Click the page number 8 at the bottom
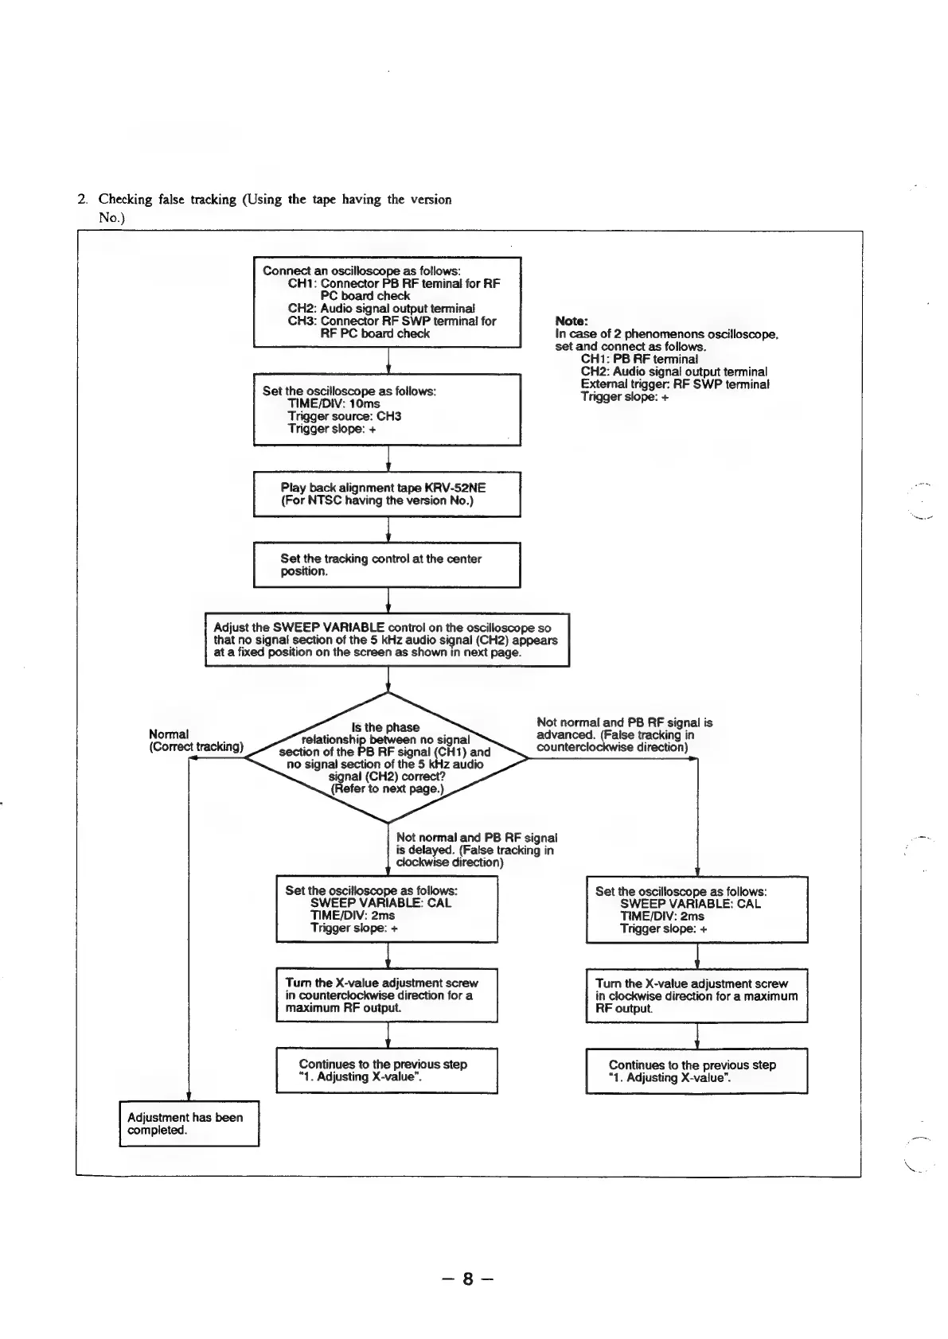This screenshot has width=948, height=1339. click(x=467, y=1279)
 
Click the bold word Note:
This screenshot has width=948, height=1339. click(x=571, y=321)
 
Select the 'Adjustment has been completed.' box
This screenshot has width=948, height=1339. click(x=189, y=1123)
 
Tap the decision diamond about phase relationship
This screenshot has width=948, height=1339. click(x=387, y=758)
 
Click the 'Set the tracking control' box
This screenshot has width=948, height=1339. click(x=387, y=565)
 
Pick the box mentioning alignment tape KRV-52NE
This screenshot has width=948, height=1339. click(x=387, y=494)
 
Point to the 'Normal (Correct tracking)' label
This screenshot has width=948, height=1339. click(x=196, y=741)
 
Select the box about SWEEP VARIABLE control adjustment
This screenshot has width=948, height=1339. click(x=387, y=640)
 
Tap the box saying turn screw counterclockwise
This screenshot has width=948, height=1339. click(x=387, y=995)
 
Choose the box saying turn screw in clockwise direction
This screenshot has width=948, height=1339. click(x=696, y=995)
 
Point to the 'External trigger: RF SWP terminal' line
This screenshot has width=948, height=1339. click(x=674, y=384)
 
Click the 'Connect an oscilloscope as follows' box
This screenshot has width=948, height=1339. click(x=387, y=302)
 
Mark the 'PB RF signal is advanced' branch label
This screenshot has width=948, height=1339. click(x=624, y=735)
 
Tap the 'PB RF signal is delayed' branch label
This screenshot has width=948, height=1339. click(x=476, y=850)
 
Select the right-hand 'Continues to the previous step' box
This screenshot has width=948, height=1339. click(x=696, y=1071)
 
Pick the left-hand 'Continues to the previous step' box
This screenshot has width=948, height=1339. click(x=387, y=1070)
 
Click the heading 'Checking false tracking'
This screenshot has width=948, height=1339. click(x=275, y=200)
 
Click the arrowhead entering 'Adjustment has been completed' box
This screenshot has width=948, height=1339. click(x=189, y=1097)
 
